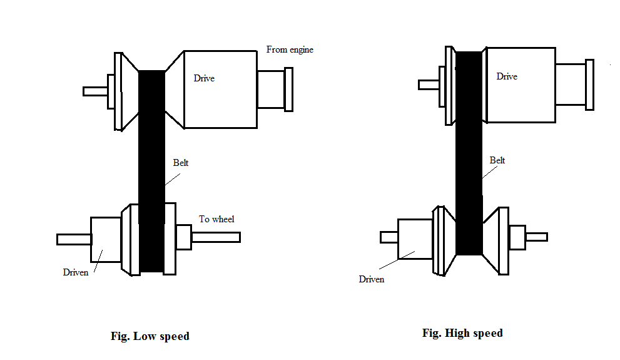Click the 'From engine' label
pos(289,49)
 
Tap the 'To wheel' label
pos(216,219)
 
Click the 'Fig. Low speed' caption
pos(150,336)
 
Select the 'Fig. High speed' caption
pos(462,333)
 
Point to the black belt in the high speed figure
pos(469,157)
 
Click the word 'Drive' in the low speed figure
pos(204,78)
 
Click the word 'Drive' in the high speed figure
pos(507,76)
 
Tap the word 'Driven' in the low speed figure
pos(76,272)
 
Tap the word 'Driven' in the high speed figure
pos(372,279)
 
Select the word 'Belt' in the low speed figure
pos(181,163)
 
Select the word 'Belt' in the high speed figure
pos(497,160)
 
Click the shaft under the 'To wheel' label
pos(215,237)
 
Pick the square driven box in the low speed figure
pos(106,240)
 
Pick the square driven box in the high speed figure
pos(415,239)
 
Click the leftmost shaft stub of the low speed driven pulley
pos(74,239)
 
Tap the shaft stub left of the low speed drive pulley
pos(95,91)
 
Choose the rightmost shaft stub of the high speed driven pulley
pos(536,237)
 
